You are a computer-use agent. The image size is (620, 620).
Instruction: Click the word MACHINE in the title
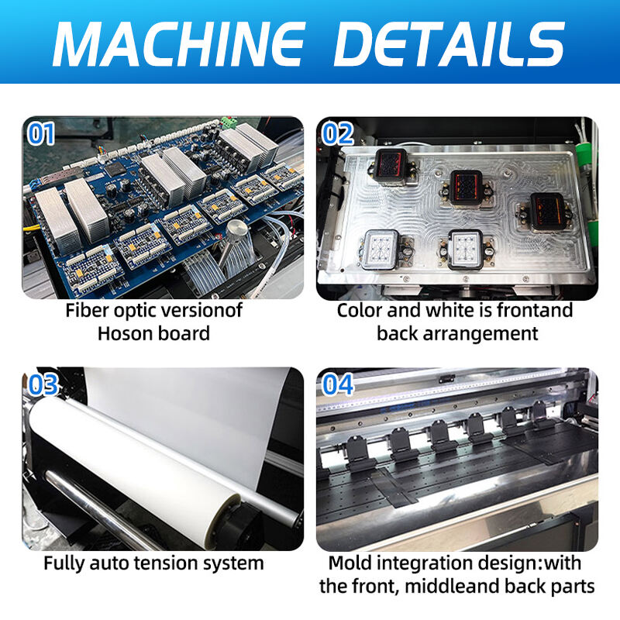click(x=179, y=43)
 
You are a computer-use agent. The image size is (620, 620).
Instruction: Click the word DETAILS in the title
click(x=449, y=43)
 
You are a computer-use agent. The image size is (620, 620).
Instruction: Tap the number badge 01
click(x=41, y=133)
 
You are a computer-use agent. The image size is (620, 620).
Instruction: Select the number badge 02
click(x=337, y=133)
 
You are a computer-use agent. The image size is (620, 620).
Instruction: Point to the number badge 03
click(x=43, y=384)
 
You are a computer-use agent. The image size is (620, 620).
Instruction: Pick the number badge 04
click(x=337, y=384)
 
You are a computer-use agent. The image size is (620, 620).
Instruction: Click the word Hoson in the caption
click(x=122, y=333)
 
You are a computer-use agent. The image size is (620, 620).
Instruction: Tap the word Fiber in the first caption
click(x=87, y=311)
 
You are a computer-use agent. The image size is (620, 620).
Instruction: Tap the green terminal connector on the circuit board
click(x=229, y=122)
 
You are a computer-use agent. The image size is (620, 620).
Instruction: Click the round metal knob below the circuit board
click(x=236, y=229)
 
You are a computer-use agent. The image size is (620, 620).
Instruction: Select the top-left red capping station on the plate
click(x=391, y=167)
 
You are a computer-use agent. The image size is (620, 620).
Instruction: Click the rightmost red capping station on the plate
click(x=546, y=212)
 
